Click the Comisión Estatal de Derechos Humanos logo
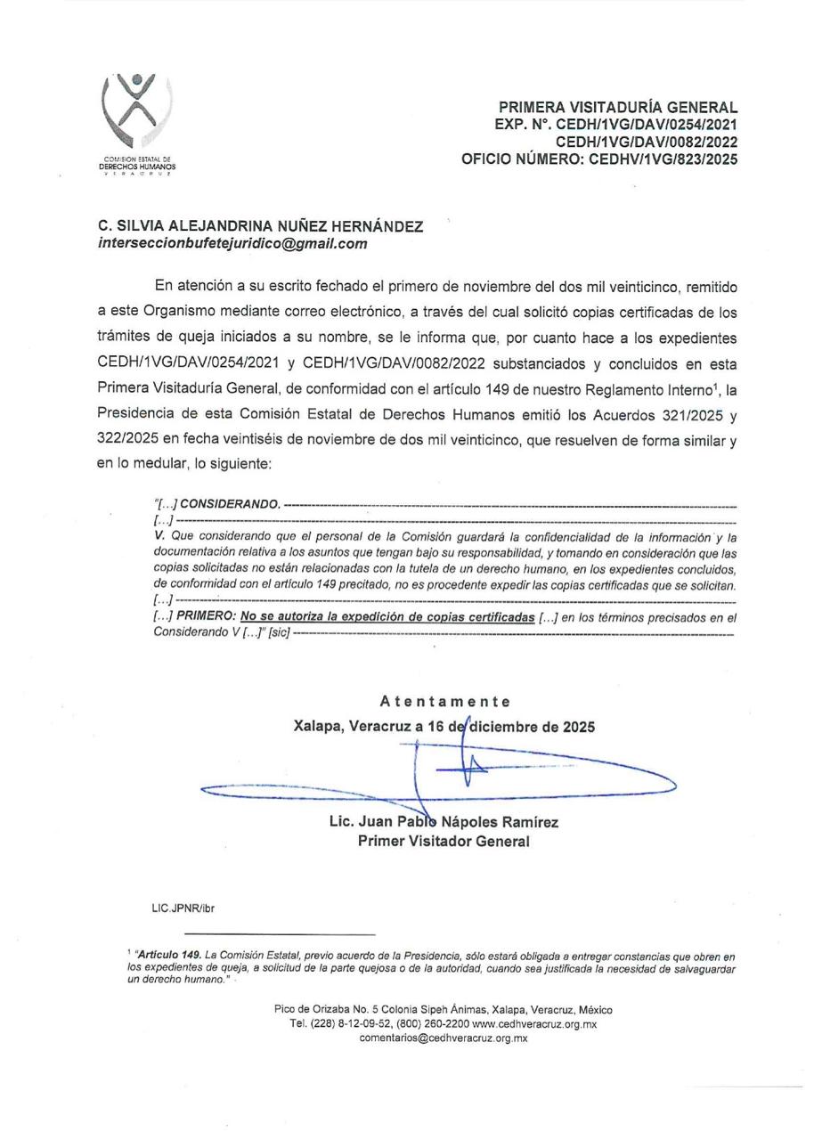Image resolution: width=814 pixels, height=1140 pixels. point(136,120)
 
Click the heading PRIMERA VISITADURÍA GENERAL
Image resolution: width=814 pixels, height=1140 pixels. point(617,108)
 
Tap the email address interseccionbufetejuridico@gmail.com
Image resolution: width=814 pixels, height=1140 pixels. point(232,243)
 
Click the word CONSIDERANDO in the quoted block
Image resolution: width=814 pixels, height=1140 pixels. point(230,504)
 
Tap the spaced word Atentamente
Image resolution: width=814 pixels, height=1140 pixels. point(444,702)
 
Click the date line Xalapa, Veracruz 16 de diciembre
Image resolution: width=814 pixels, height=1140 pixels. point(444,726)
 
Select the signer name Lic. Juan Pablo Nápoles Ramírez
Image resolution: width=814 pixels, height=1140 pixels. point(444,822)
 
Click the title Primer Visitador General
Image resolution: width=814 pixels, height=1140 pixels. point(444,841)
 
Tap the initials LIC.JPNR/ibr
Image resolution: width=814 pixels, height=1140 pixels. point(183,908)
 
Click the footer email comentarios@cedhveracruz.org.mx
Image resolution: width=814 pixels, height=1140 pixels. point(444,1038)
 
